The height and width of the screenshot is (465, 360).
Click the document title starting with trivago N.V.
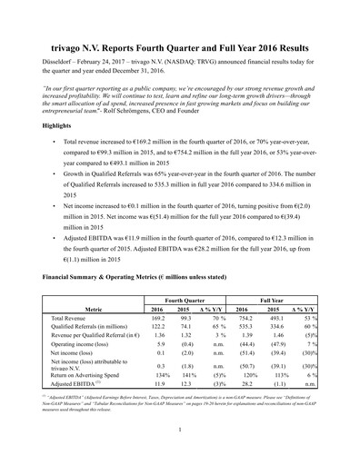180,45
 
